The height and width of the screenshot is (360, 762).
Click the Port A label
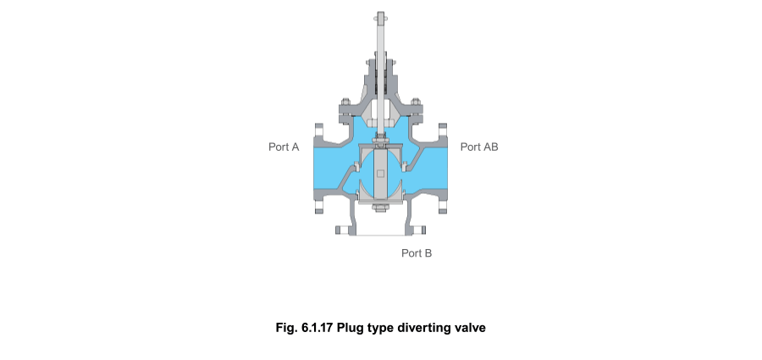284,147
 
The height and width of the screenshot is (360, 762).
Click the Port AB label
478,147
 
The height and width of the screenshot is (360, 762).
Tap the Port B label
417,252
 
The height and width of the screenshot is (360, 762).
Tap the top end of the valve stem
380,14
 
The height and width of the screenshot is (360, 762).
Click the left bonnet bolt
345,107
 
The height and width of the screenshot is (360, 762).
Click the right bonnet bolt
416,107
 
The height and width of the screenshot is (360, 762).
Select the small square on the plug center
381,174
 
